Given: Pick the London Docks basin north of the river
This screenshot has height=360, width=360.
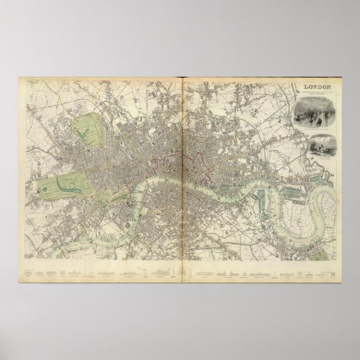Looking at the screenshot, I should click(234, 182).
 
